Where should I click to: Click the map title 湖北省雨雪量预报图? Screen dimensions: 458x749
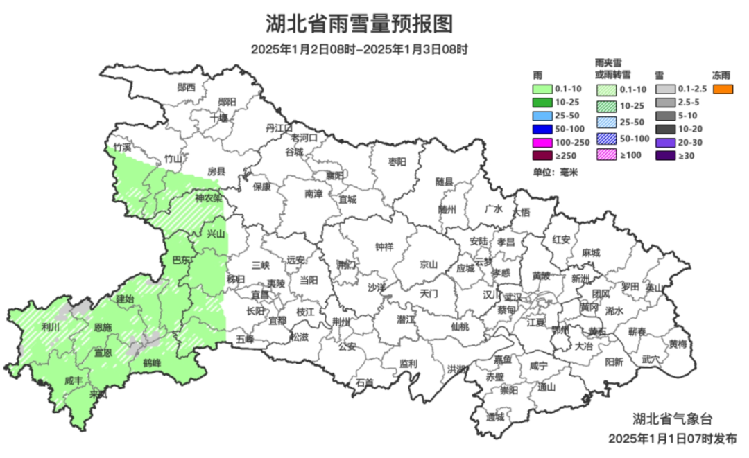point(359,24)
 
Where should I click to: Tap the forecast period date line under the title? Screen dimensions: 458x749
point(359,50)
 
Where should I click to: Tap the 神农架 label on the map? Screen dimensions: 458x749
point(209,197)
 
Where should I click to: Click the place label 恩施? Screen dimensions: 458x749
point(103,326)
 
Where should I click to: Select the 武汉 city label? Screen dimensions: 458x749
point(512,296)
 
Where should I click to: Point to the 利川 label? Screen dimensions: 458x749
point(50,326)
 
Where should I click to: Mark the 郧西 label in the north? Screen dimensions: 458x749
point(186,87)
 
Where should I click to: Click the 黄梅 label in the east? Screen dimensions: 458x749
point(678,344)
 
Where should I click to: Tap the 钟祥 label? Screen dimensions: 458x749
point(384,246)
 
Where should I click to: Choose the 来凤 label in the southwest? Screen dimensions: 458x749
point(99,394)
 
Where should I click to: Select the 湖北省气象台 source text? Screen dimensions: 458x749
point(672,419)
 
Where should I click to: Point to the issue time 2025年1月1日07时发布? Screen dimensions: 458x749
point(668,439)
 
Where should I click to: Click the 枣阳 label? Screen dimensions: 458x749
point(397,161)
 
